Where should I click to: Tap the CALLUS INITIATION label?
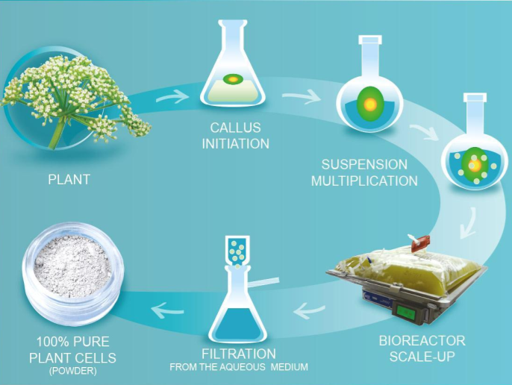[235, 137]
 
